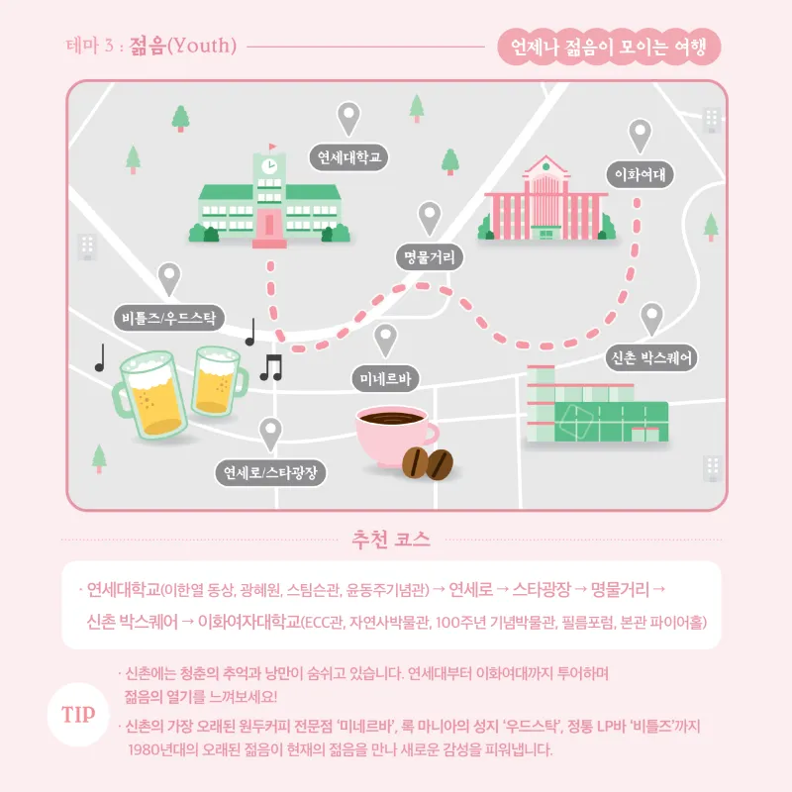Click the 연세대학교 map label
pyautogui.click(x=348, y=157)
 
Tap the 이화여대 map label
pyautogui.click(x=640, y=175)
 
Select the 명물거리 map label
pyautogui.click(x=430, y=257)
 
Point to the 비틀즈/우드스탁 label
pyautogui.click(x=168, y=318)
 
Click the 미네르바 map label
pyautogui.click(x=385, y=378)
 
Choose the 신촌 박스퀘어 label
pyautogui.click(x=651, y=358)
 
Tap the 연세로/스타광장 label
pyautogui.click(x=270, y=473)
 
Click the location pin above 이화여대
pyautogui.click(x=640, y=136)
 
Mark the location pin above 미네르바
pyautogui.click(x=385, y=341)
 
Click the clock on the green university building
pyautogui.click(x=269, y=166)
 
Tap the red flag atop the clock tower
pyautogui.click(x=272, y=147)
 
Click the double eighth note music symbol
pyautogui.click(x=271, y=367)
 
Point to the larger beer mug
pyautogui.click(x=149, y=395)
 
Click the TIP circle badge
pyautogui.click(x=78, y=714)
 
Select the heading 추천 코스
pyautogui.click(x=391, y=540)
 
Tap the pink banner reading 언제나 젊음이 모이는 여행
pyautogui.click(x=609, y=47)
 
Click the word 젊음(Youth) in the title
pyautogui.click(x=183, y=46)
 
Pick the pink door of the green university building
pyautogui.click(x=269, y=225)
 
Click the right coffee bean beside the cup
pyautogui.click(x=440, y=464)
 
